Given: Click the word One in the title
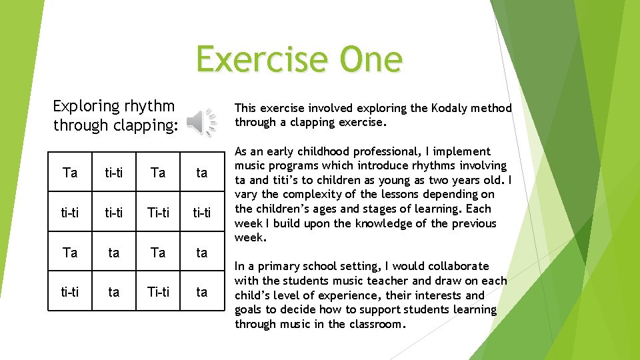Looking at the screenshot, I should click(371, 59).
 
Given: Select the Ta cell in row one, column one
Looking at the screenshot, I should click(70, 173).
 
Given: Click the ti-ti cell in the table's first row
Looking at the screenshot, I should click(114, 173).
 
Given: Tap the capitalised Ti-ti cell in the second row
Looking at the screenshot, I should click(158, 213).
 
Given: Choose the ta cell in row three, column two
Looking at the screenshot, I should click(114, 253).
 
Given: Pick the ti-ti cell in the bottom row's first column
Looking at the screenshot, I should click(70, 292).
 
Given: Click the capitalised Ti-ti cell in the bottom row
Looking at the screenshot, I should click(158, 292).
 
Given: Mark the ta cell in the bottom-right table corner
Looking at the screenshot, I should click(202, 292).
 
